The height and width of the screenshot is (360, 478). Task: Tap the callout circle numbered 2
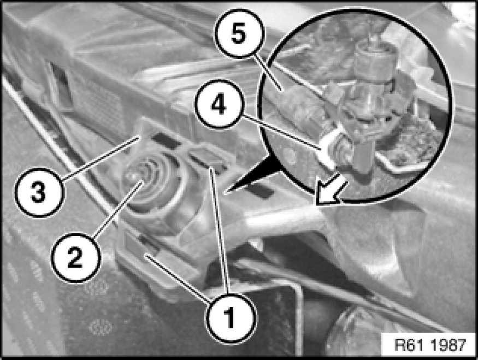(x=75, y=258)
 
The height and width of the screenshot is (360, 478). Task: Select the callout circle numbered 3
(x=39, y=192)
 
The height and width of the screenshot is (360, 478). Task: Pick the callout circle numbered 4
(x=220, y=104)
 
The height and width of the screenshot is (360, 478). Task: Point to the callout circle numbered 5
(x=239, y=33)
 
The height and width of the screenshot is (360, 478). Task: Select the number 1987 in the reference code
(x=448, y=345)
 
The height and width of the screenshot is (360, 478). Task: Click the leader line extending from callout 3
(x=101, y=158)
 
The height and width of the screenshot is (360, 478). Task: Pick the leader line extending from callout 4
(x=282, y=132)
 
